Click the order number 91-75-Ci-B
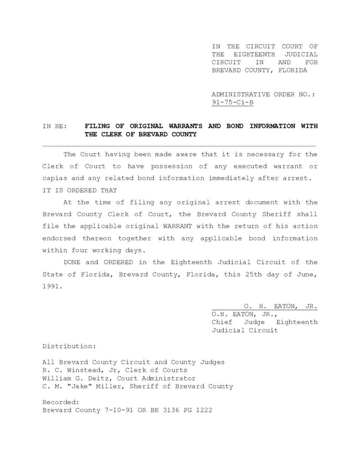tap(233, 102)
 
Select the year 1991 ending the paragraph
tap(51, 287)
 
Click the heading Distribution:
tap(69, 346)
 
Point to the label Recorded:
tap(61, 402)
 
